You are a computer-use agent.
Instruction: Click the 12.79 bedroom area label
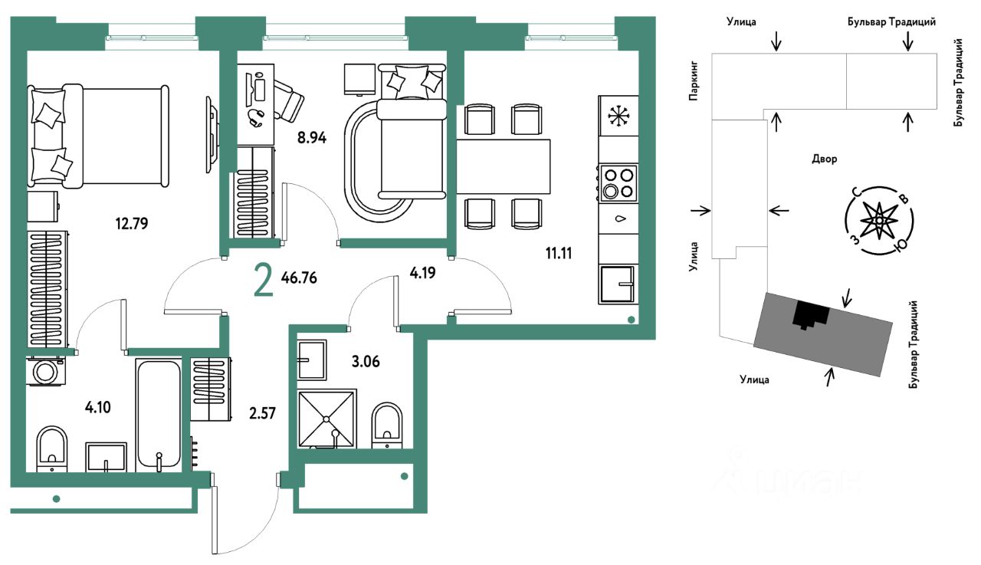click(x=132, y=224)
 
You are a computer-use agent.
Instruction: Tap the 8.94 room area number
click(x=312, y=138)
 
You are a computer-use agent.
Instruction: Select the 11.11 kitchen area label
click(x=559, y=253)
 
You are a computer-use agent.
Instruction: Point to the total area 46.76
click(x=299, y=278)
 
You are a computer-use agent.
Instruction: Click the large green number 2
click(x=264, y=282)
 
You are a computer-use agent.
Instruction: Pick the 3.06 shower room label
click(x=366, y=361)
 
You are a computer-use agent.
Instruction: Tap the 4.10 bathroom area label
click(x=97, y=407)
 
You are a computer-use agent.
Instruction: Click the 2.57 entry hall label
click(x=262, y=413)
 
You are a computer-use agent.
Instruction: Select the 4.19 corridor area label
click(x=422, y=273)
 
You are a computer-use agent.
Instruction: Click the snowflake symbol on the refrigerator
click(x=618, y=116)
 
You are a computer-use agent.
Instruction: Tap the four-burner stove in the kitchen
click(x=618, y=183)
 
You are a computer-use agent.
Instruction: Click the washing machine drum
click(x=45, y=372)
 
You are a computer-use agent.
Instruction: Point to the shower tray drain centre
click(x=326, y=419)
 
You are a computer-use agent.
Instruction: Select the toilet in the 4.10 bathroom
click(x=52, y=449)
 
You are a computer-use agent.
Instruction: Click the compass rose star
click(x=879, y=220)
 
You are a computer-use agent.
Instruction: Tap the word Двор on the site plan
click(x=825, y=159)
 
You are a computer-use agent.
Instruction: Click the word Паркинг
click(x=693, y=81)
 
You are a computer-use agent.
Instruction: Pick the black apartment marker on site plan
click(x=811, y=315)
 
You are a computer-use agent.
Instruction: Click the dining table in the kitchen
click(x=504, y=166)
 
